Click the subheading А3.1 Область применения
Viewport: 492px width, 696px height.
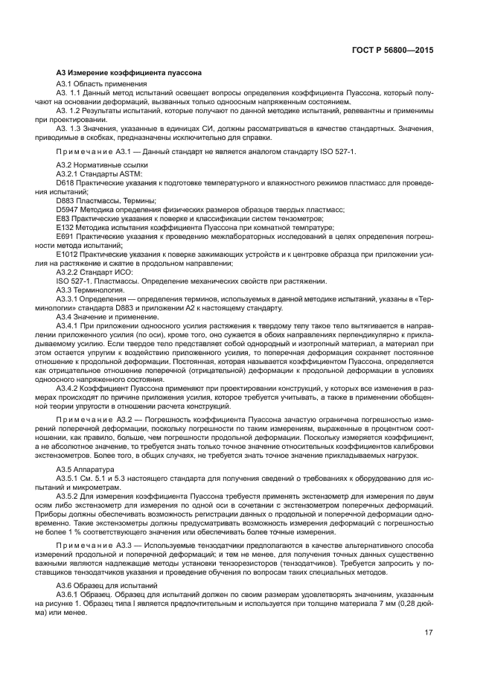click(x=101, y=85)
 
